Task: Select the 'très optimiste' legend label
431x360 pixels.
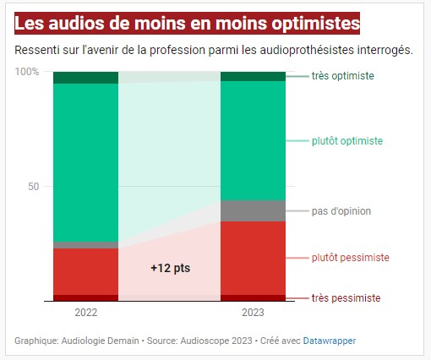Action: coord(342,76)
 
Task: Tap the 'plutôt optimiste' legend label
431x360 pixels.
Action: coord(347,140)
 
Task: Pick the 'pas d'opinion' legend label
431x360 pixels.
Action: coord(341,210)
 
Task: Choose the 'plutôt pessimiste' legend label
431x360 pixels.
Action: coord(350,257)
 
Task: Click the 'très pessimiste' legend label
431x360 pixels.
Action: coord(346,298)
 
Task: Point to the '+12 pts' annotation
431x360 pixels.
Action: coord(170,268)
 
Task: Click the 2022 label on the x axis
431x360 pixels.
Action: coord(85,313)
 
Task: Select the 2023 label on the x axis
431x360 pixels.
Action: coord(252,313)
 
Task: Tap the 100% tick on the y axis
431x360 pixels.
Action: coord(28,72)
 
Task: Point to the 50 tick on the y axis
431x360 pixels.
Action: coord(34,186)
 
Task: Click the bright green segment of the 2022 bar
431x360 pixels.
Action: coord(85,161)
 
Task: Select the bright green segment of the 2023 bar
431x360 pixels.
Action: coord(253,139)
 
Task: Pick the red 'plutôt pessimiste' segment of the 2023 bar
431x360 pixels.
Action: coord(253,258)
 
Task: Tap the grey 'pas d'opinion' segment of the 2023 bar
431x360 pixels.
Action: coord(253,210)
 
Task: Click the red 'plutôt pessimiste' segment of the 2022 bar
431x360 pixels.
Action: coord(85,271)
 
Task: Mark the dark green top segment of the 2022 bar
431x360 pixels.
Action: coord(85,78)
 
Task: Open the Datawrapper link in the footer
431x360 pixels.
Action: coord(330,341)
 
